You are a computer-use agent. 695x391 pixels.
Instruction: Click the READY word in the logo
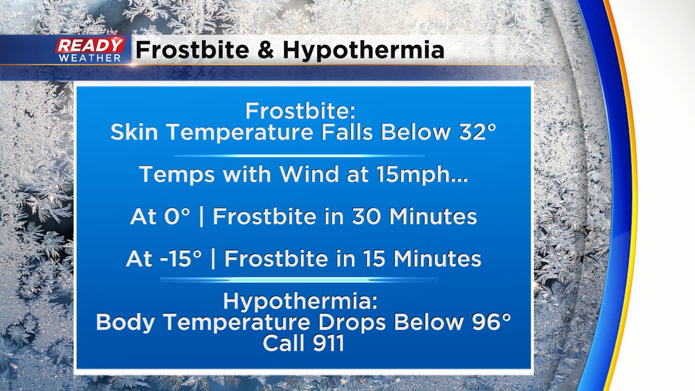coord(91,46)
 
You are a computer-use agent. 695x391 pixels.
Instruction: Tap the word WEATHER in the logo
coord(90,58)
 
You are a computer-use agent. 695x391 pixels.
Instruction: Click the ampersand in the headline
coord(266,50)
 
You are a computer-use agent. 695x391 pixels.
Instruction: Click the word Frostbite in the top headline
coord(192,50)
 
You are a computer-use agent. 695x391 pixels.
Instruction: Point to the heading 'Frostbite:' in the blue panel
coord(300,111)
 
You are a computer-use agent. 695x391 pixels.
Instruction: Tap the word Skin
coord(134,132)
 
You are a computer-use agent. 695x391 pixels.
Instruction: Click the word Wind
coord(309,174)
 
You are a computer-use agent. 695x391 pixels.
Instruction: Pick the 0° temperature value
coord(177,216)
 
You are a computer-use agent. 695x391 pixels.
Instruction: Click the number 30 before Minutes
coord(366,216)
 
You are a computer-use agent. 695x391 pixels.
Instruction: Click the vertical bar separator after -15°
coord(213,259)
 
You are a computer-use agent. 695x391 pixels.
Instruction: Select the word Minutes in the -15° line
coord(438,259)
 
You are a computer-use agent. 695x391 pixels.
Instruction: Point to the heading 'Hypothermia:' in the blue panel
coord(300,301)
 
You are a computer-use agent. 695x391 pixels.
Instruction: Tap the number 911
coord(328,343)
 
